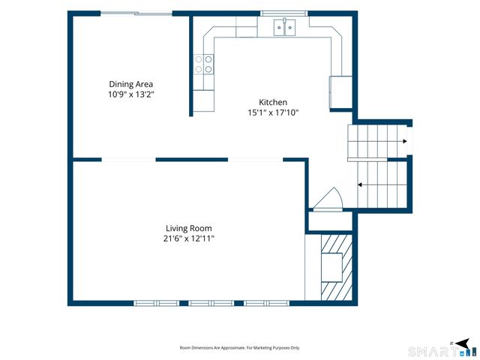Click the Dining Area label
point(131,84)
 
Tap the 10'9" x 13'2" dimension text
point(130,94)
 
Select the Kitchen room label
point(273,102)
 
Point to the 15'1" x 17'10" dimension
point(273,112)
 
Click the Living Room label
point(189,228)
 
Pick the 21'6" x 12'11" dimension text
point(189,238)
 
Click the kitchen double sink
point(284,27)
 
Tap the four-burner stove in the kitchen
point(203,64)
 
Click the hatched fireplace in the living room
point(337,267)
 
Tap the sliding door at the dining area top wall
point(136,13)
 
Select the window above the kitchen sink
point(284,13)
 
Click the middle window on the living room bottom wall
point(211,303)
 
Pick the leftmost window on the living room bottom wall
point(157,303)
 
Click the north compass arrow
point(462,343)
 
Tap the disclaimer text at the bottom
point(240,348)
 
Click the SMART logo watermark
point(442,352)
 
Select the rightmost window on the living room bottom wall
point(266,303)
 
